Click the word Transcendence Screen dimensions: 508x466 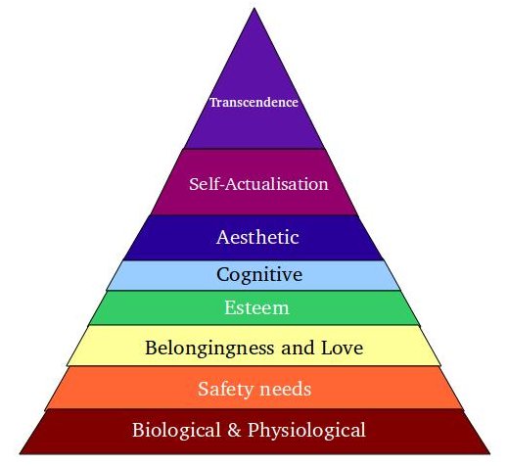(x=254, y=102)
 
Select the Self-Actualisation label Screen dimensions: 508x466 (x=258, y=184)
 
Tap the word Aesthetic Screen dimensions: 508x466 (x=257, y=237)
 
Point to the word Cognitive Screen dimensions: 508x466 (x=259, y=275)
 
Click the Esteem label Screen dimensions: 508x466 (x=256, y=307)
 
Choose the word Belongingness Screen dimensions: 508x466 (x=209, y=349)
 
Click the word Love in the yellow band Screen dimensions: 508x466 (x=342, y=348)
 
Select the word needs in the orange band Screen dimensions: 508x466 (x=284, y=389)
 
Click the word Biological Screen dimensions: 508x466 (x=176, y=430)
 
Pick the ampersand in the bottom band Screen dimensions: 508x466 (x=234, y=430)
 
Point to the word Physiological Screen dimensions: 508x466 (x=306, y=430)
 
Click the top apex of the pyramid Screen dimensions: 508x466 (x=254, y=9)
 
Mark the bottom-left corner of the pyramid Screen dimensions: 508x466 (x=21, y=453)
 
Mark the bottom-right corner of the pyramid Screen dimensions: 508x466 (x=489, y=453)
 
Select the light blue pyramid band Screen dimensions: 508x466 (x=254, y=275)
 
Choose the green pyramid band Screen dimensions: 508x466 (x=254, y=308)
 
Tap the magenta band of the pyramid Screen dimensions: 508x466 (x=254, y=182)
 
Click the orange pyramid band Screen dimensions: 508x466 (x=254, y=388)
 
